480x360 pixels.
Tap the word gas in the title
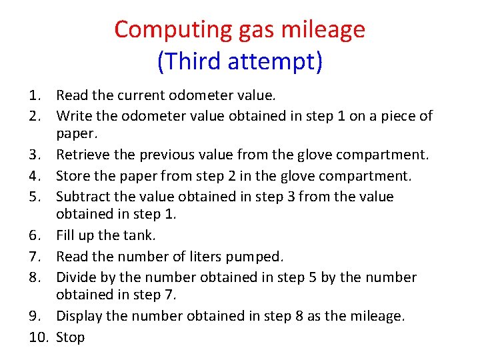coord(251,29)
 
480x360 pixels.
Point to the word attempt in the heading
coord(273,61)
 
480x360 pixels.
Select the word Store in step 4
coord(72,176)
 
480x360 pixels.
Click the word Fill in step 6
coord(65,235)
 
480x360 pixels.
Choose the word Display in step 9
coord(79,316)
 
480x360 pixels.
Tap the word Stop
coord(71,337)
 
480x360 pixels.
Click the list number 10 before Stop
coord(39,337)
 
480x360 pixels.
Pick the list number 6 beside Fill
coord(38,235)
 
